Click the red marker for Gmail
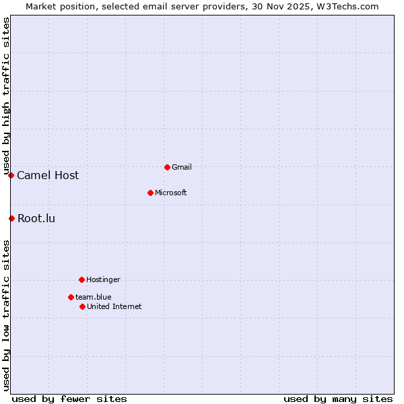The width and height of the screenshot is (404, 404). click(x=167, y=167)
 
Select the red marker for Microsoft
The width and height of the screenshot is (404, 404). click(x=150, y=193)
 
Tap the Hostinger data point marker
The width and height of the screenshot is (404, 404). click(x=81, y=279)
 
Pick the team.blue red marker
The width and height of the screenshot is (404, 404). click(x=71, y=297)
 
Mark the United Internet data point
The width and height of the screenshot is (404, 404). click(x=82, y=306)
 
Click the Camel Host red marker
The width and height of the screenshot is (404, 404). click(x=11, y=175)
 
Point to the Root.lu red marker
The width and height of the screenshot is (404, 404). click(x=11, y=218)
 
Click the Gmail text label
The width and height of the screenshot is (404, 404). click(x=182, y=167)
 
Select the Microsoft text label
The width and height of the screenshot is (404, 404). click(x=170, y=193)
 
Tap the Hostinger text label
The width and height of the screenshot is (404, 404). click(x=103, y=279)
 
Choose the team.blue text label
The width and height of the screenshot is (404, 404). click(x=93, y=297)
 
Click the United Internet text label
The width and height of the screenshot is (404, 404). click(x=114, y=306)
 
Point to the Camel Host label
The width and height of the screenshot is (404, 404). click(x=48, y=176)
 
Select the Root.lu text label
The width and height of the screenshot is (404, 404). click(x=36, y=218)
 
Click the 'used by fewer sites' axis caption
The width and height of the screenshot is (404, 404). click(x=69, y=399)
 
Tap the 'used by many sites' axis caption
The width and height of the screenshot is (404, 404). click(x=338, y=399)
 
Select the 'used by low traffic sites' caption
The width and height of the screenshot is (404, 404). click(x=6, y=314)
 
